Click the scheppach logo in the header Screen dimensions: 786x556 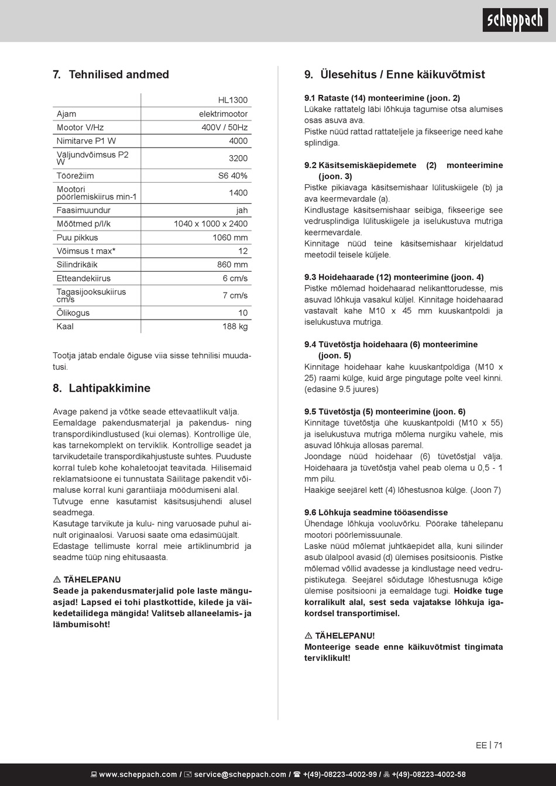tap(515, 20)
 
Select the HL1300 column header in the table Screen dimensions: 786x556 tap(232, 100)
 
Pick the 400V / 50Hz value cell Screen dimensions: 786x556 tap(224, 127)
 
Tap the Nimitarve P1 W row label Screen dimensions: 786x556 tap(86, 141)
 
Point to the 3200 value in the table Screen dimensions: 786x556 tap(238, 158)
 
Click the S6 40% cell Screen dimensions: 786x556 tap(232, 176)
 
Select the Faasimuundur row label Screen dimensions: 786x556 tap(83, 210)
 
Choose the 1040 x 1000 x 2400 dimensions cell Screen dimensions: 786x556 tap(210, 224)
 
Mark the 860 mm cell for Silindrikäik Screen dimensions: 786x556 tap(232, 265)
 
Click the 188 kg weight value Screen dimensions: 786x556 tap(235, 327)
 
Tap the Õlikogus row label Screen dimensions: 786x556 tap(73, 313)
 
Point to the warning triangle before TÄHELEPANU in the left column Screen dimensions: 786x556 tap(57, 580)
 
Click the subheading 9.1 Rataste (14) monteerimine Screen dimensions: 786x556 tap(382, 98)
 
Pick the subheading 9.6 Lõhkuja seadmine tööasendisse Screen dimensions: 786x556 tap(376, 513)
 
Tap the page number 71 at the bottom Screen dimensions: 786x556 tap(498, 745)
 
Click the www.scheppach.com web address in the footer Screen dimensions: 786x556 tap(138, 774)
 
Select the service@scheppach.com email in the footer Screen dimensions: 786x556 tap(240, 774)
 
